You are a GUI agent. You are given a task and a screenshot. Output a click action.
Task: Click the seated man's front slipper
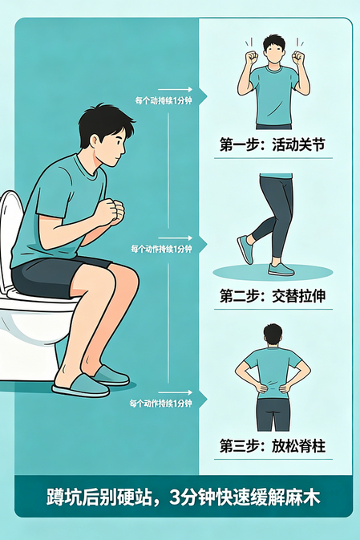[x=79, y=386]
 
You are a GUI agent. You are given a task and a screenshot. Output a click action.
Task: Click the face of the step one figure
[x=274, y=54]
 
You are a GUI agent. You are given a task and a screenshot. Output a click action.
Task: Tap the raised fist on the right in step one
[x=300, y=59]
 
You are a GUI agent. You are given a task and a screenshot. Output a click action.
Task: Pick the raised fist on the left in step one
[x=250, y=59]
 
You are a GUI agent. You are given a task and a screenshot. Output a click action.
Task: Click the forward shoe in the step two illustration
[x=281, y=268]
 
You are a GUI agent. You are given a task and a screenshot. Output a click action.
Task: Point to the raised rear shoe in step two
[x=245, y=250]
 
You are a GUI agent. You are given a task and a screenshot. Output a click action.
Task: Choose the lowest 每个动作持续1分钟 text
[x=161, y=403]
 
